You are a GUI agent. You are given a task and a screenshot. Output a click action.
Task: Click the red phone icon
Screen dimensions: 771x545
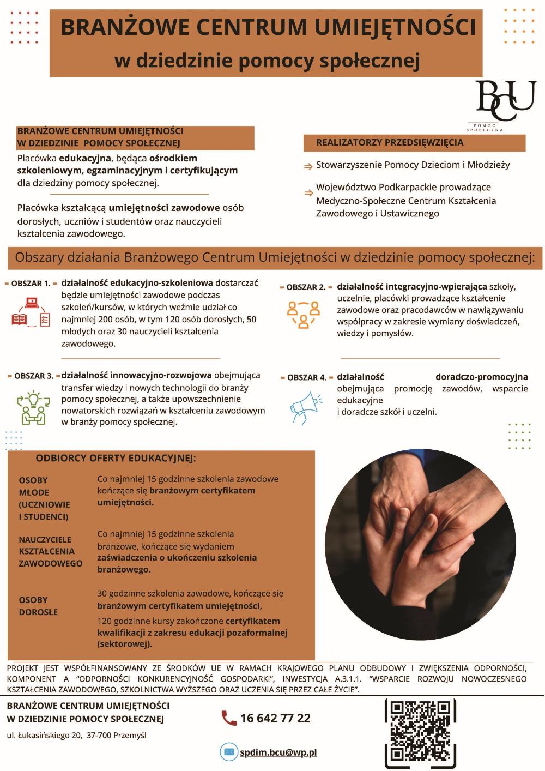point(229,718)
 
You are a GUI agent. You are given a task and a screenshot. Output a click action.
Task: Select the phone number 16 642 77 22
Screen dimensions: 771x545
point(275,718)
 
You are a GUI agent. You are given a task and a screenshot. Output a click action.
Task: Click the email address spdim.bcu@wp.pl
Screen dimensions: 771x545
point(278,752)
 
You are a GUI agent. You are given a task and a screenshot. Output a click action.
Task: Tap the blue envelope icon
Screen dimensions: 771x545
point(229,752)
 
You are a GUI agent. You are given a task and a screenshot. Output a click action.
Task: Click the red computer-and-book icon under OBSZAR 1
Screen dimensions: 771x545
point(31,311)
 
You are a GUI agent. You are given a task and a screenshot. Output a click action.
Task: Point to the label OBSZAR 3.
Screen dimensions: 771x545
point(34,376)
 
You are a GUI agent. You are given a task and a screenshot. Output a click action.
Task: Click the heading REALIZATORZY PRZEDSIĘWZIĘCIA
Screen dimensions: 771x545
point(390,143)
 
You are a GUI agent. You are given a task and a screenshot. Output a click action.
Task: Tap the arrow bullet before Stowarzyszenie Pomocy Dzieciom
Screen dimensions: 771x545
point(308,165)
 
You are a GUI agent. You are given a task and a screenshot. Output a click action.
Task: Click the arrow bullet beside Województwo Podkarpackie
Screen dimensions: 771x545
point(308,192)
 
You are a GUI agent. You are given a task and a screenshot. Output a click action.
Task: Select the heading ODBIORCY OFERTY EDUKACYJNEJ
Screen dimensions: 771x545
point(116,458)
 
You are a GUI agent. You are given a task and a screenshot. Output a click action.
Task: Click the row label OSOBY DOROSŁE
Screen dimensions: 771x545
point(38,606)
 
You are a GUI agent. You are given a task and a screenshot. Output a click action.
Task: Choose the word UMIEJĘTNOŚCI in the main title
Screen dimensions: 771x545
point(396,27)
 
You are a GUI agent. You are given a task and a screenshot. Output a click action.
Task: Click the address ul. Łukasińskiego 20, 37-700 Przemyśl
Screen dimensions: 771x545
point(77,735)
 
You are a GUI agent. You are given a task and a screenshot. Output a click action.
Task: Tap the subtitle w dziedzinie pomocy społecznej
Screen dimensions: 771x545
point(267,61)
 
